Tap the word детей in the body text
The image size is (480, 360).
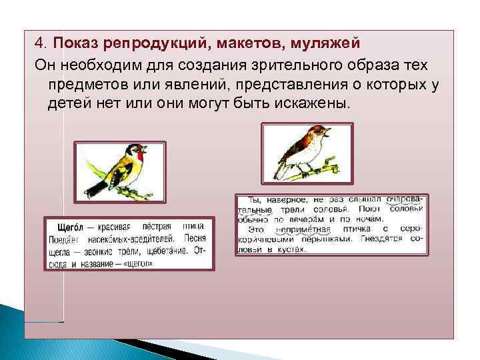click(67, 105)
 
